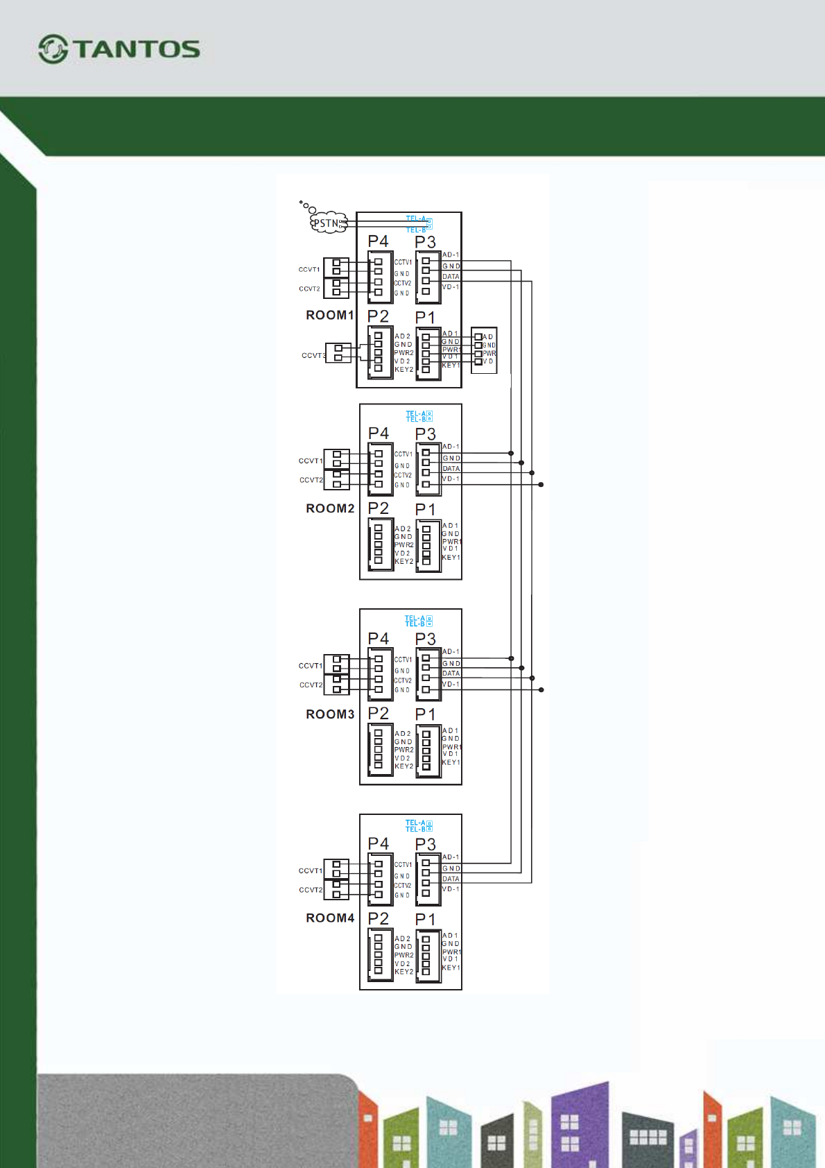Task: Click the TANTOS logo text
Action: point(137,49)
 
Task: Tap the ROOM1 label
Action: point(330,316)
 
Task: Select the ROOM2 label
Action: point(330,508)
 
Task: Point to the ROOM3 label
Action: point(330,714)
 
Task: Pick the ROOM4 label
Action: point(330,918)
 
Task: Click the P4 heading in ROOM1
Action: point(379,241)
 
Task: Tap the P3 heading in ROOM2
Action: point(426,434)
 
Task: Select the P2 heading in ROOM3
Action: point(379,714)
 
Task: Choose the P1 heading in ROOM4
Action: point(426,920)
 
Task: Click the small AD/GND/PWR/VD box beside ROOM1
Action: point(484,350)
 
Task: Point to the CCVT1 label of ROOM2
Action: point(311,461)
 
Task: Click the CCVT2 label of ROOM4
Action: point(311,890)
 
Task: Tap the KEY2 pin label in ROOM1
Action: point(403,370)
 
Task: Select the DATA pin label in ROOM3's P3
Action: point(451,673)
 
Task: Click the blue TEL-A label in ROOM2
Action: point(415,413)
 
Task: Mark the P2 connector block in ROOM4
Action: point(379,956)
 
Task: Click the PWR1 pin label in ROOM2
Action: point(451,542)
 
